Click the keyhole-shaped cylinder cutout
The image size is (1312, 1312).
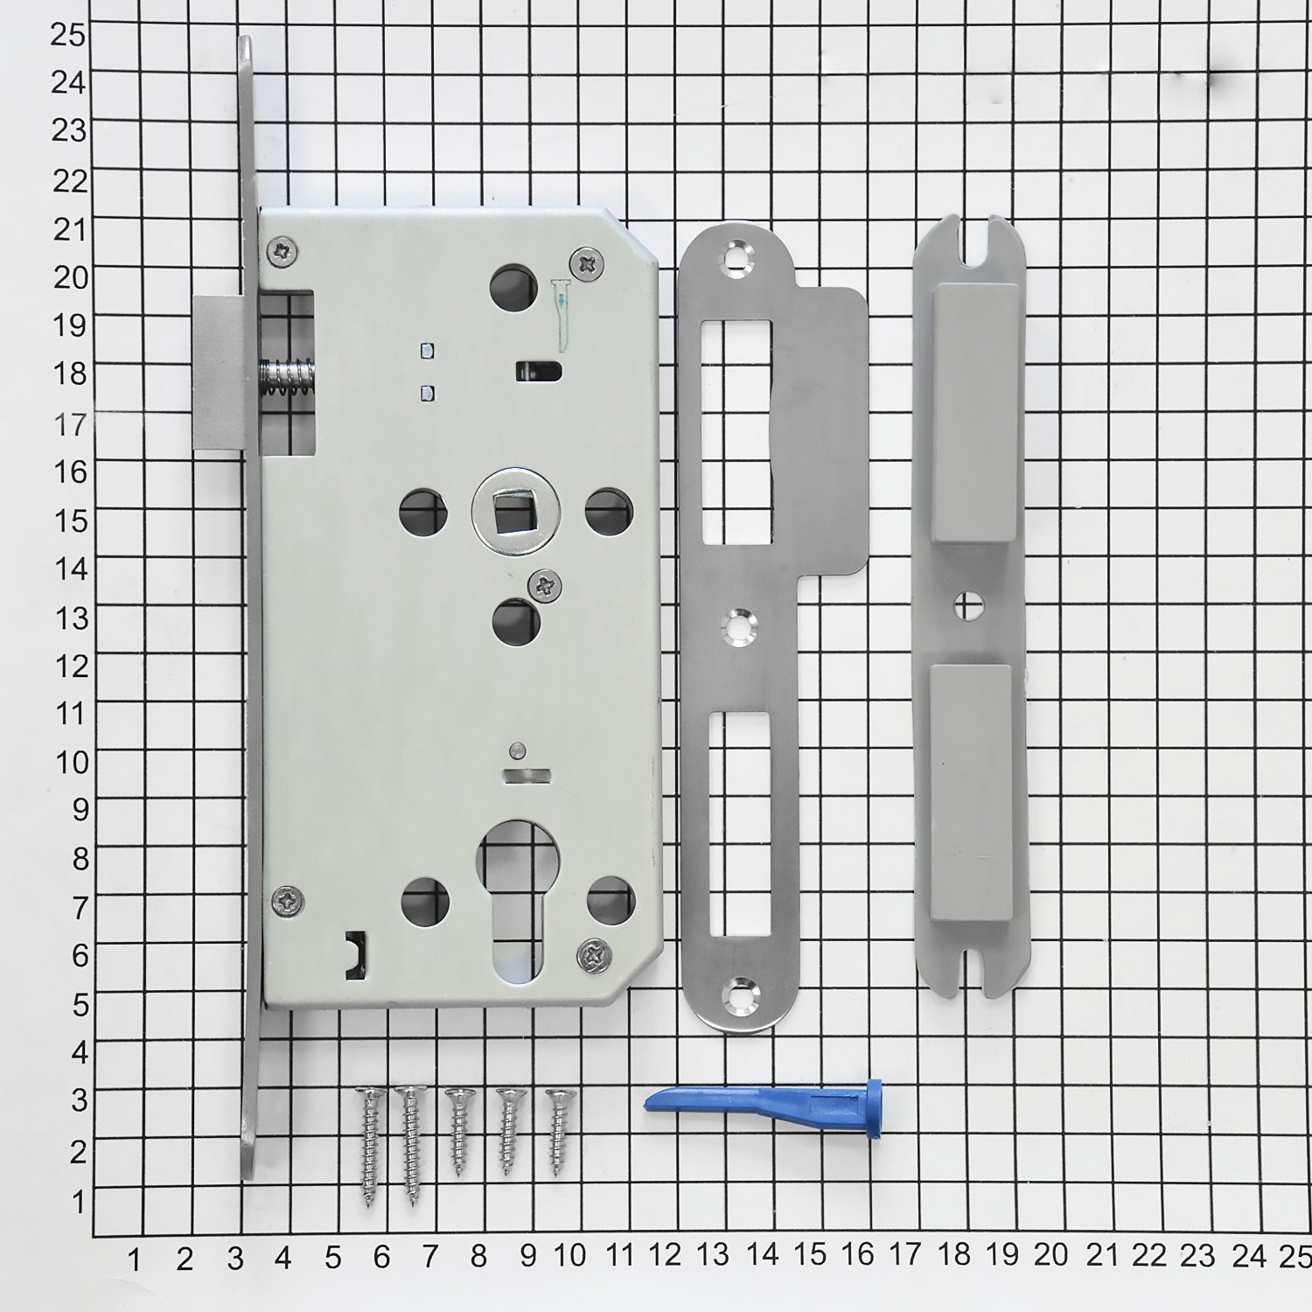(x=514, y=901)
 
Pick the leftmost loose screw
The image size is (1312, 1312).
(x=370, y=1146)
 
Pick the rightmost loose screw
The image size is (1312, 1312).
(x=558, y=1131)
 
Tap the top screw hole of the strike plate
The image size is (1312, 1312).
(x=736, y=255)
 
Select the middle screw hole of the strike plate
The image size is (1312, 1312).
(x=739, y=625)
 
